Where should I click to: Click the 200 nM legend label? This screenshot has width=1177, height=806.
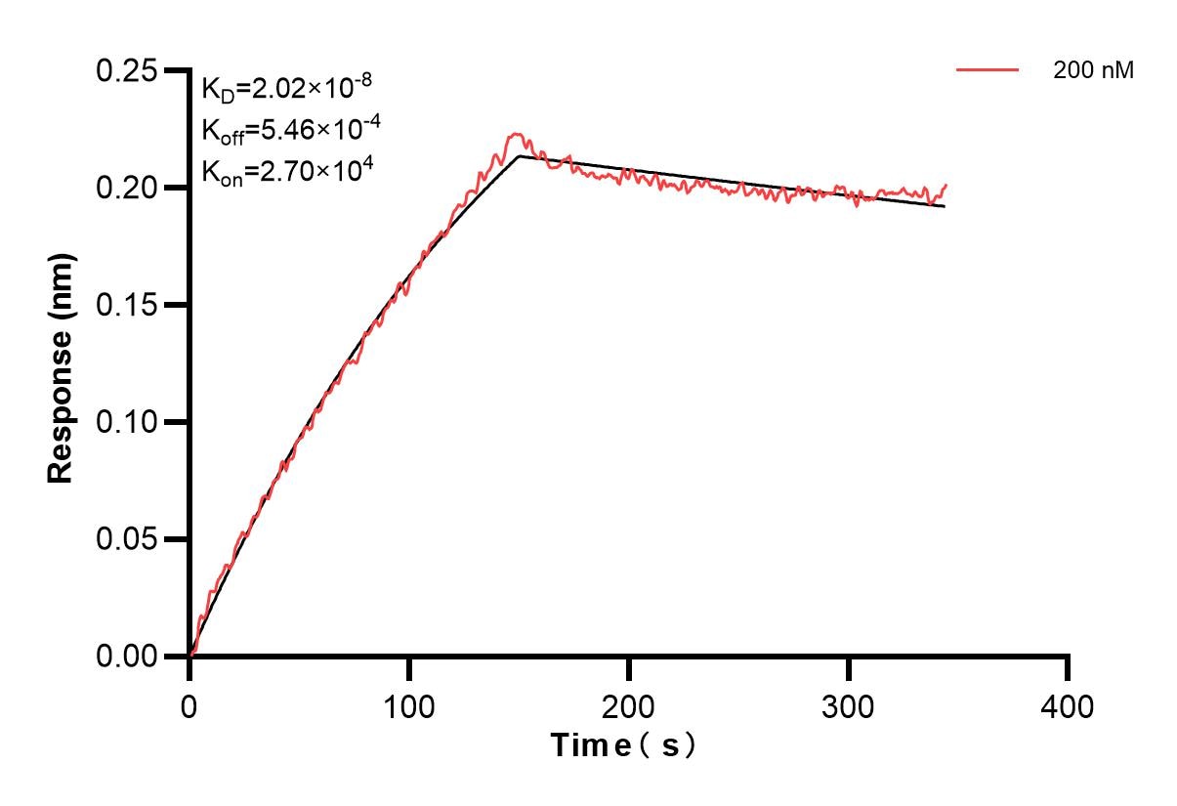(x=1093, y=70)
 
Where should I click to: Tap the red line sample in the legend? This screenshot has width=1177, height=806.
(x=988, y=70)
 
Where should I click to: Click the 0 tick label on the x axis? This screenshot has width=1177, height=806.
(x=189, y=704)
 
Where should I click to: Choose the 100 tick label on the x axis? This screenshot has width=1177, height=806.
(x=409, y=704)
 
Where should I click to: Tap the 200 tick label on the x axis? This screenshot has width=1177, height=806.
(x=629, y=704)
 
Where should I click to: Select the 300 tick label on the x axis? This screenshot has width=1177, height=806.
(x=849, y=704)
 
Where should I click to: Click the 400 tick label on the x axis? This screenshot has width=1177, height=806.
(x=1069, y=704)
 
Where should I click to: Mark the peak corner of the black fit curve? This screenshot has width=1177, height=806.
(x=520, y=155)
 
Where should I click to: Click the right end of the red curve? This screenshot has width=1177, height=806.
(x=946, y=185)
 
